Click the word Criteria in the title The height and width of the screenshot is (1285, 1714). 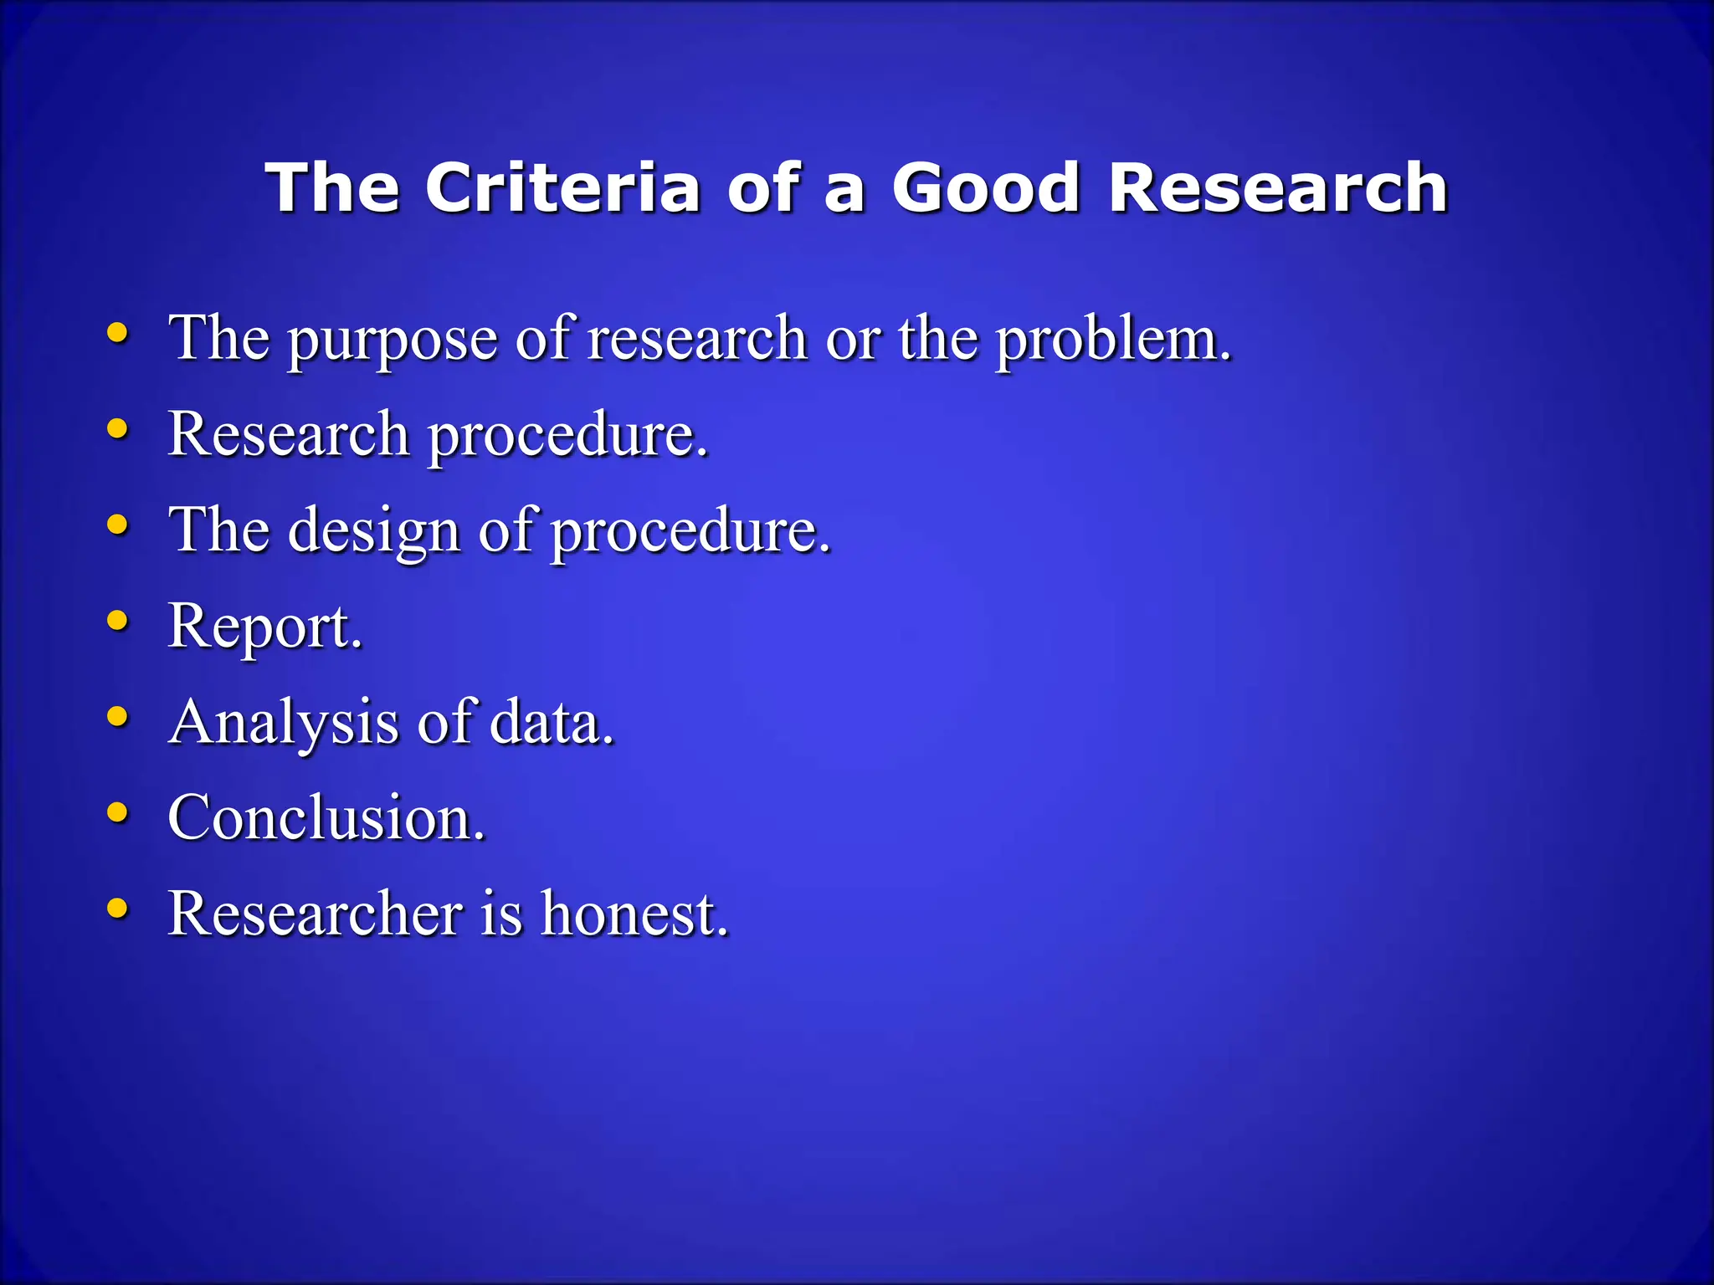562,187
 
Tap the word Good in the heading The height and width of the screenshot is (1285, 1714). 986,187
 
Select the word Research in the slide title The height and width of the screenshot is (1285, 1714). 1278,187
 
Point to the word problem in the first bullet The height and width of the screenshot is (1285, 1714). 1112,340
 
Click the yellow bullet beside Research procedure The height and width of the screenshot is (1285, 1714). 118,429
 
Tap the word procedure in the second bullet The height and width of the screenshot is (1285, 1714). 567,437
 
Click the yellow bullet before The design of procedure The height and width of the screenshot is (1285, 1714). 118,525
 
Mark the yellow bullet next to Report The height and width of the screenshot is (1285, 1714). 118,621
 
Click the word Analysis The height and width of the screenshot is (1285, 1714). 284,723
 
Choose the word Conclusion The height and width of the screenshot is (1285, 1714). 326,817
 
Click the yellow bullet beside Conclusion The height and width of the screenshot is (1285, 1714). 118,812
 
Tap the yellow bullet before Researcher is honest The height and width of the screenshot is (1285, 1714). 118,908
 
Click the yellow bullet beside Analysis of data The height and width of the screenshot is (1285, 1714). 118,716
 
